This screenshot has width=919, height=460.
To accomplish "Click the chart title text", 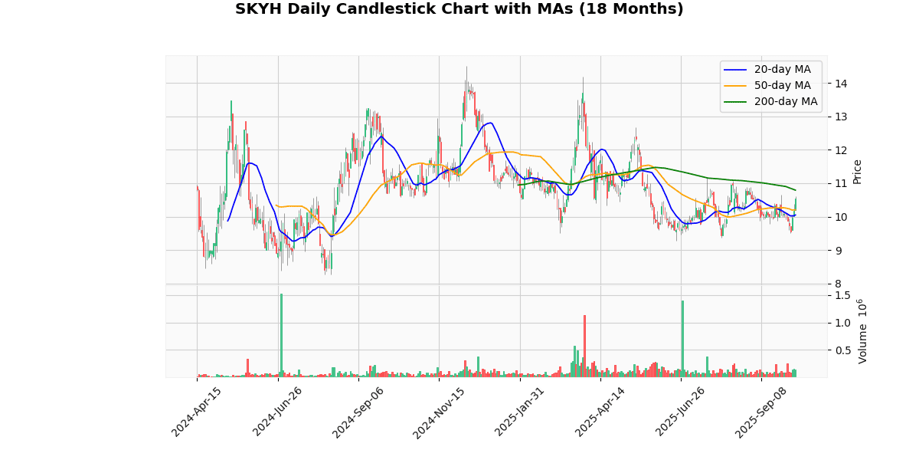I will (459, 9).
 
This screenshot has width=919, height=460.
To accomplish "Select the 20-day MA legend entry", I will (782, 70).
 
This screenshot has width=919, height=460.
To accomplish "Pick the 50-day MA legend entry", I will (782, 86).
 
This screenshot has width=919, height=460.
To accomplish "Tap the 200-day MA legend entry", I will (785, 102).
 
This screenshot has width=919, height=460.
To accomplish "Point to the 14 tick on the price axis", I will (840, 84).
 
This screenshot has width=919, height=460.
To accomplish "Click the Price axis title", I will (857, 171).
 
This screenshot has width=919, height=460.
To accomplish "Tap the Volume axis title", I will (863, 331).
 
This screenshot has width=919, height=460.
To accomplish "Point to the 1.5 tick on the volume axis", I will (843, 295).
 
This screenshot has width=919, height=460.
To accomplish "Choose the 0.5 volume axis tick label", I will (843, 350).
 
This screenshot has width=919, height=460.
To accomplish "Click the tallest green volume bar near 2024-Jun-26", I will (281, 335).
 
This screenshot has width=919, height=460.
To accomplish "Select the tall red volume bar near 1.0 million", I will (584, 346).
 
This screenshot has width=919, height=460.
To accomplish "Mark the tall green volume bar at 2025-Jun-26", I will (682, 338).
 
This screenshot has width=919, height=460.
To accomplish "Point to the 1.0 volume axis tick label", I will (843, 323).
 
